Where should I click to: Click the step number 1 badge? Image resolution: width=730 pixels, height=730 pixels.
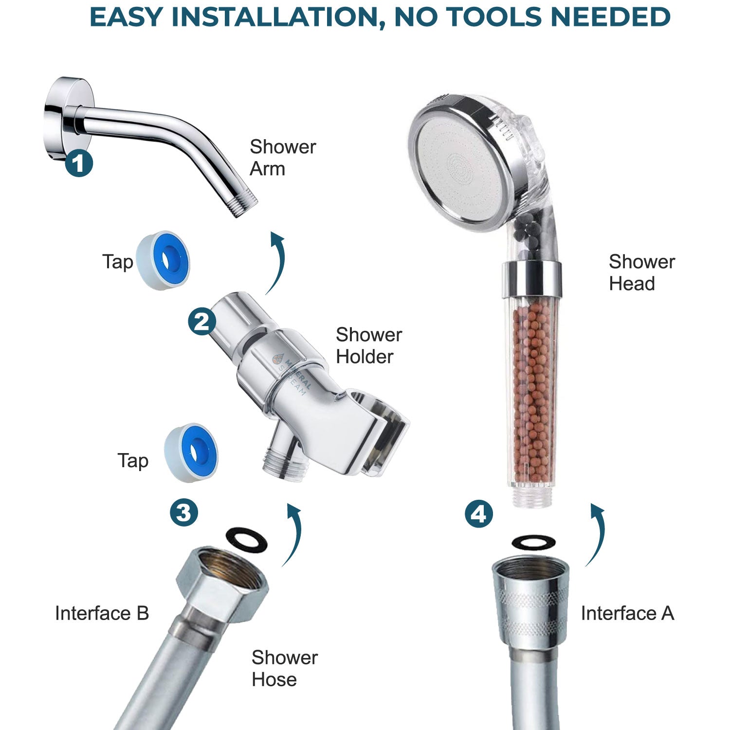[x=79, y=163]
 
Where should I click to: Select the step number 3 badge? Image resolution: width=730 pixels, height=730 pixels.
[x=184, y=512]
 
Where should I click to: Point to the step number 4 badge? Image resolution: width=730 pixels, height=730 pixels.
[x=479, y=514]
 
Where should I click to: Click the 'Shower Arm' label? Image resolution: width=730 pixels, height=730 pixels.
[x=283, y=158]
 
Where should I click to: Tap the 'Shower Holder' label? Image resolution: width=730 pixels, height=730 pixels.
[x=369, y=346]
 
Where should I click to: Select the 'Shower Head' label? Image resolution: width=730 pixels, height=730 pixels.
[x=641, y=273]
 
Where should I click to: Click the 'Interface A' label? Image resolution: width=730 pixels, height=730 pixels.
[x=627, y=613]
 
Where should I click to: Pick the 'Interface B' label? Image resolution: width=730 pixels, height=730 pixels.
[x=102, y=613]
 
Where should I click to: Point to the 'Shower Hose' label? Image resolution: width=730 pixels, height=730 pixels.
[x=285, y=668]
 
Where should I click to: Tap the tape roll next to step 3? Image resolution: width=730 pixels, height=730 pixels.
[x=191, y=453]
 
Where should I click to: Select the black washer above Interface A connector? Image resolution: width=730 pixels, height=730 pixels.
[x=533, y=542]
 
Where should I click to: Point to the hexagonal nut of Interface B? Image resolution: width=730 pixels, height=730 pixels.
[x=221, y=582]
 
